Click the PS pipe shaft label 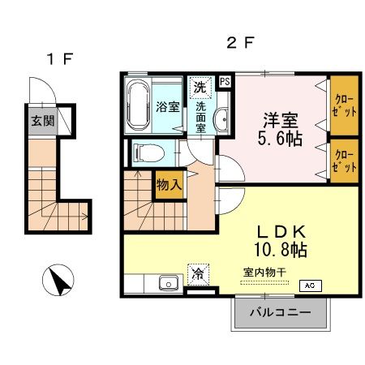coord(225,80)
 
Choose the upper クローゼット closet coord(344,105)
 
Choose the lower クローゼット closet coord(344,158)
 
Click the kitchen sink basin coord(170,284)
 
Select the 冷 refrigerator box coord(198,274)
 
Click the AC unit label coord(309,286)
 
